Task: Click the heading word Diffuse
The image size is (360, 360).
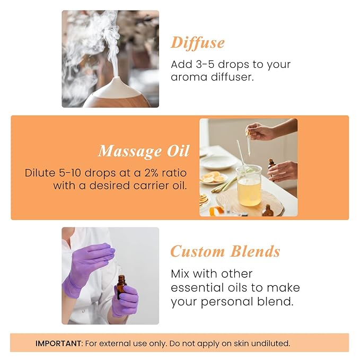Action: (x=197, y=43)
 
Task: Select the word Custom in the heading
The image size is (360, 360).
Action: (x=197, y=251)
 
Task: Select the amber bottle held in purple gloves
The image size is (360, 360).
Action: (x=121, y=287)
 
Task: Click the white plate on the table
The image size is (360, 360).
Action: (x=217, y=162)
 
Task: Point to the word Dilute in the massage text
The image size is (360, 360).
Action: (x=40, y=173)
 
